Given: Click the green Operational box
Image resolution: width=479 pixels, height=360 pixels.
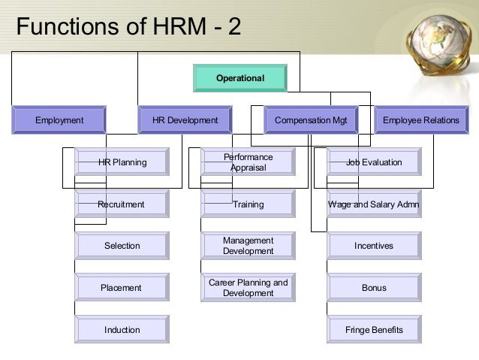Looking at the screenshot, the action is [x=240, y=78].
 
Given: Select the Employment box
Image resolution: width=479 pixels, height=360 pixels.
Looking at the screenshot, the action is [x=59, y=119].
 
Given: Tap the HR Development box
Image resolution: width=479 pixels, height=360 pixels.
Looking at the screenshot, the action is [x=185, y=119].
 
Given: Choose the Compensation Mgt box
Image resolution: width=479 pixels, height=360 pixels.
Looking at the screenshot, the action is [x=311, y=119].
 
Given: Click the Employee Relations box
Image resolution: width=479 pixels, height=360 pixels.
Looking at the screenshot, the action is [x=420, y=119].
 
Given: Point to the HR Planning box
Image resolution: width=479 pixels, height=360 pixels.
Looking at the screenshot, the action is [x=122, y=162].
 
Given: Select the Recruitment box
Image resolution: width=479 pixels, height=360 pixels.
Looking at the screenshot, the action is [x=122, y=204].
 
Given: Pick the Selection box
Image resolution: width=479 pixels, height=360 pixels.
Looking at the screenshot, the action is [x=122, y=246].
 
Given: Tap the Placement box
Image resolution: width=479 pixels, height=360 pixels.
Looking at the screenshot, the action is [x=122, y=288].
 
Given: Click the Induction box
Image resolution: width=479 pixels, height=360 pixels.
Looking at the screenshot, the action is [x=122, y=330].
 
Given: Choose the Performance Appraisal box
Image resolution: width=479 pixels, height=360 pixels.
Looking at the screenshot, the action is [x=248, y=162].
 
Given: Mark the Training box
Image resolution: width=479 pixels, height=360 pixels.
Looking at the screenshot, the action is [x=248, y=204].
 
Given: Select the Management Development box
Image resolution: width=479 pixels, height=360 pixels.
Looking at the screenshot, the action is [x=248, y=246].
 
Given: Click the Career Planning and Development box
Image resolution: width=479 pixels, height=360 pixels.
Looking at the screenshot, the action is [x=248, y=288].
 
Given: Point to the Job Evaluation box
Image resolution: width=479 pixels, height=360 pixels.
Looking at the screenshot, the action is [x=374, y=162].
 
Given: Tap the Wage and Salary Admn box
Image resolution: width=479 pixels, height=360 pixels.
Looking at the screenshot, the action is [x=374, y=204].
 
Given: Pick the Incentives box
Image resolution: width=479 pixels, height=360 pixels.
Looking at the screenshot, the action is [x=374, y=246].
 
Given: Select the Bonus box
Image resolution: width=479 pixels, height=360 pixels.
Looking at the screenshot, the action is [x=374, y=288].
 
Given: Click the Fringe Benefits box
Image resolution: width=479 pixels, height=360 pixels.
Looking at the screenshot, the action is [x=374, y=330].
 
